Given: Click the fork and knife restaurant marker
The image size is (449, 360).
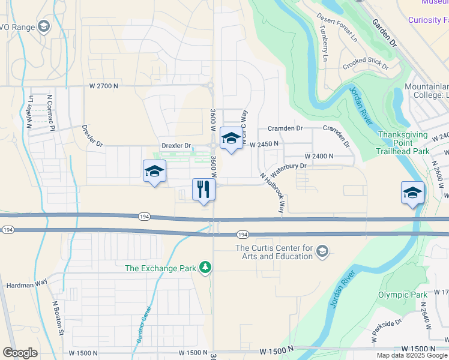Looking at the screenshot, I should point(203,190).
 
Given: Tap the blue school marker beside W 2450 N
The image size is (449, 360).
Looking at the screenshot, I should point(231,139).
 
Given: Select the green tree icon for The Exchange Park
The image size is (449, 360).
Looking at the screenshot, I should point(205,267).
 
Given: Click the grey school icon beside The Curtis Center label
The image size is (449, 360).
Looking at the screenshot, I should point(322,250).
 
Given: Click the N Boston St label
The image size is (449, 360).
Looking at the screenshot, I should point(58,317).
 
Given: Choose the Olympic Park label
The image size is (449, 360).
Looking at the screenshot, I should point(402,295).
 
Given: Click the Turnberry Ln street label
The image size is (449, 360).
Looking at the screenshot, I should point(324,47).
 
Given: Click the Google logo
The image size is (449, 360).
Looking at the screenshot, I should point(20,352).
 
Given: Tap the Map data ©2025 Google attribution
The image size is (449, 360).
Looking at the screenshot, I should point(412,355).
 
